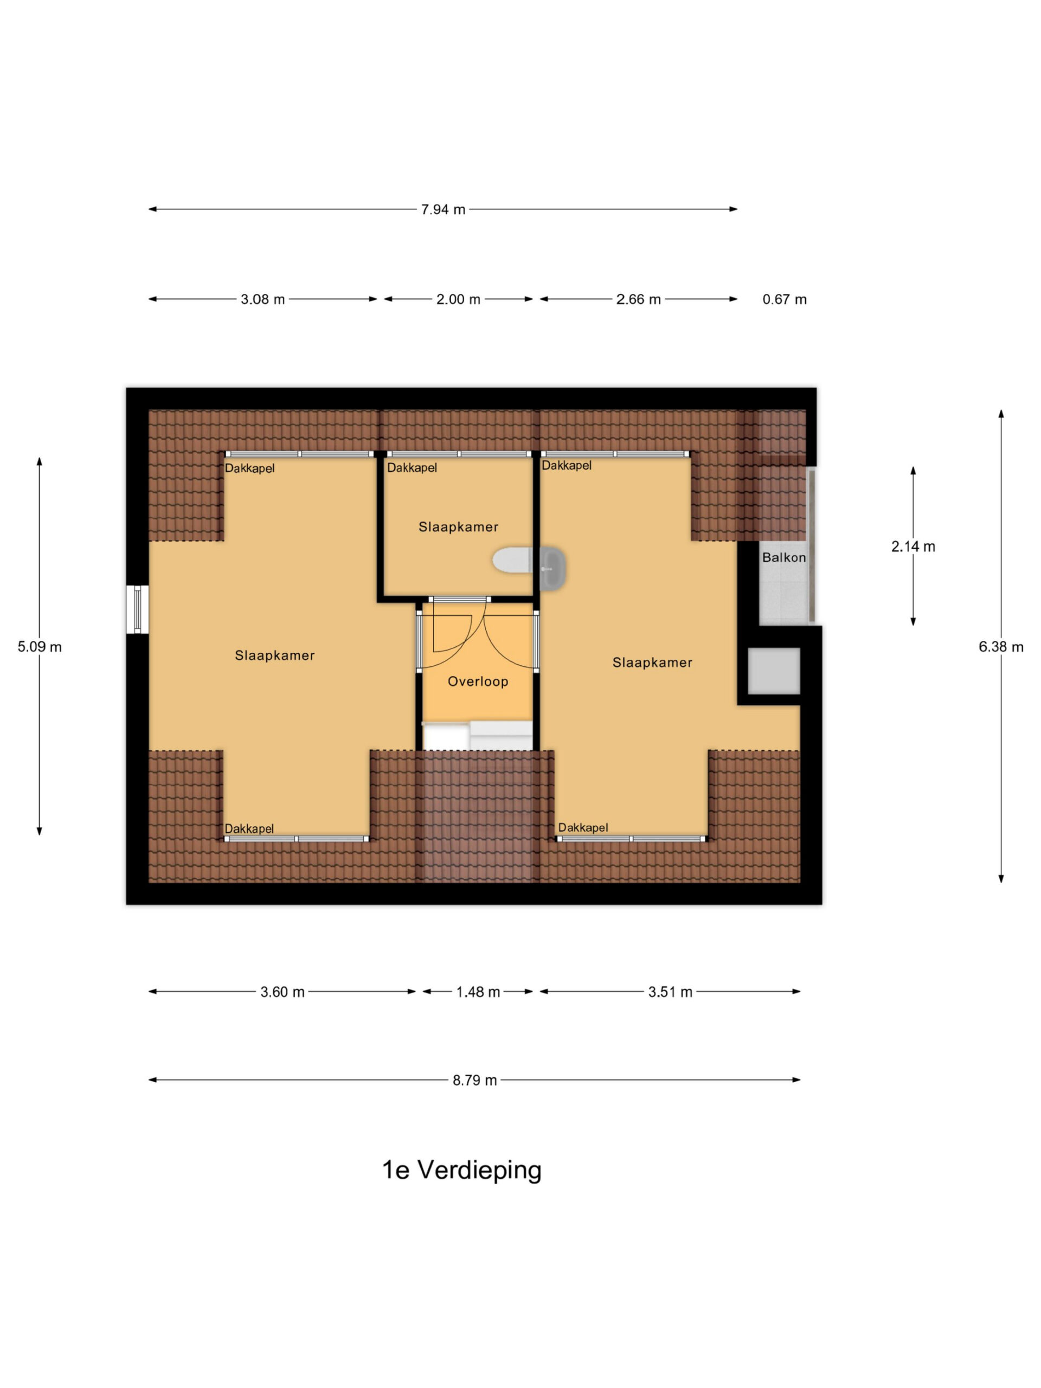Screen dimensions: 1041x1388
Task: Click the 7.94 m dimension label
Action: [x=443, y=210]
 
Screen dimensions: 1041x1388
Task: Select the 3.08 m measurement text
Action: [x=262, y=299]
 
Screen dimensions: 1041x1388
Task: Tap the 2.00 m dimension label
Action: [x=458, y=299]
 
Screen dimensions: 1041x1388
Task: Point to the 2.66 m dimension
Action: [x=638, y=299]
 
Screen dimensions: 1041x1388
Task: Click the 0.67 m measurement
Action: [x=785, y=299]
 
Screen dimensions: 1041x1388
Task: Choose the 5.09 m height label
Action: [x=40, y=647]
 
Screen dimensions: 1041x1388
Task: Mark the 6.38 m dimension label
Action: [x=1001, y=647]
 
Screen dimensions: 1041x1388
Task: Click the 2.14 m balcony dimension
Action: [x=913, y=547]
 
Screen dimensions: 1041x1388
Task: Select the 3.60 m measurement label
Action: [x=282, y=992]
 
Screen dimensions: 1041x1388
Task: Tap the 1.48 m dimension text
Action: [x=478, y=992]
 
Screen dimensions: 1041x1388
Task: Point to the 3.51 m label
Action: [x=670, y=992]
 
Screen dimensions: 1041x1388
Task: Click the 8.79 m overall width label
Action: [x=474, y=1080]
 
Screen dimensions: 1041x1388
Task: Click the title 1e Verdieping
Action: [x=462, y=1170]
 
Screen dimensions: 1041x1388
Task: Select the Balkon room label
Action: [x=783, y=557]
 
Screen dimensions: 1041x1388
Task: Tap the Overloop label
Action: [x=478, y=682]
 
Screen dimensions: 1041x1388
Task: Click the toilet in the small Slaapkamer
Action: [x=513, y=560]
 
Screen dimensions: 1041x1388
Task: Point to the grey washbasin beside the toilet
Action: [x=553, y=569]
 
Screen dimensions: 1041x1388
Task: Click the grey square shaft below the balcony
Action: [x=774, y=671]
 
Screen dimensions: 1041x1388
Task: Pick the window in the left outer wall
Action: [x=137, y=609]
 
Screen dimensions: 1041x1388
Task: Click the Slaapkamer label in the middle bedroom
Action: [x=458, y=527]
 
